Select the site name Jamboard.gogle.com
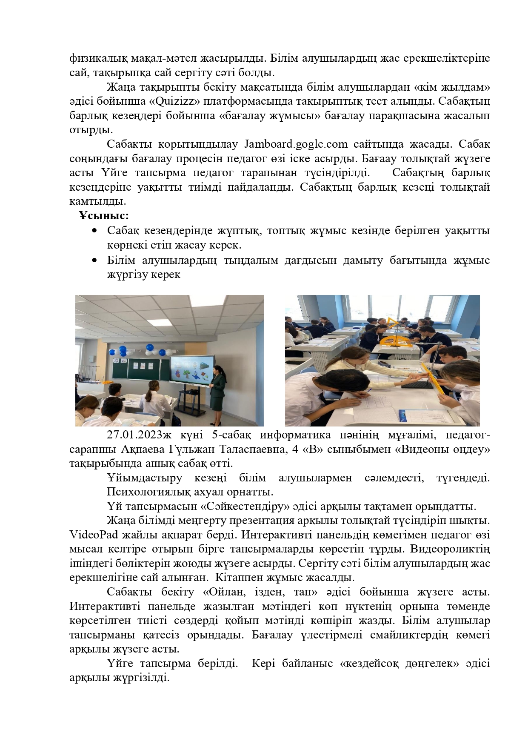tap(297, 144)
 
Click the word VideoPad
tap(91, 535)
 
